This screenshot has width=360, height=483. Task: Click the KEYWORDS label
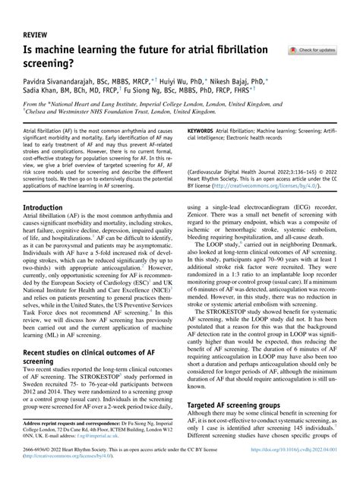200,131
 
